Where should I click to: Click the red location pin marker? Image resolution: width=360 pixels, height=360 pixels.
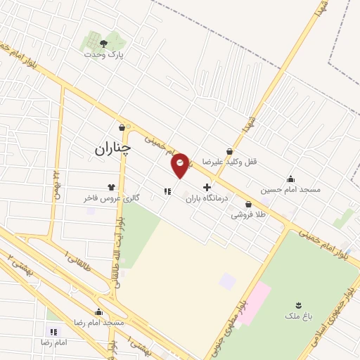[181, 164]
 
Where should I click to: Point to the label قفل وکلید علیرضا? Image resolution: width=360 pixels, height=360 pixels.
[230, 161]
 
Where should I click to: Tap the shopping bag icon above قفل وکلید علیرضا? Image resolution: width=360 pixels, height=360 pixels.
[230, 150]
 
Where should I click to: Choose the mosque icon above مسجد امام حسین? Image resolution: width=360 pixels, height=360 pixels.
[290, 179]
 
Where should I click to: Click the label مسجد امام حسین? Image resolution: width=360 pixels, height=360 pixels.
[290, 189]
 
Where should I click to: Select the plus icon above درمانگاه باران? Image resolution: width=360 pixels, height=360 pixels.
[207, 187]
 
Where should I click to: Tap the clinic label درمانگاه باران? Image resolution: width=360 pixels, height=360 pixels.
[207, 199]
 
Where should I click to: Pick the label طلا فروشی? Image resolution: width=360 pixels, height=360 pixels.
[249, 215]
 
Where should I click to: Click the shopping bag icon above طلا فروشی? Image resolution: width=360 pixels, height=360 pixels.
[249, 205]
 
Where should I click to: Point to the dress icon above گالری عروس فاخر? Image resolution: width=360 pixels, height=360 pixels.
[111, 187]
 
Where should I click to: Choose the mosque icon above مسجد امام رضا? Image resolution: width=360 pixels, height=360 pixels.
[98, 311]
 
